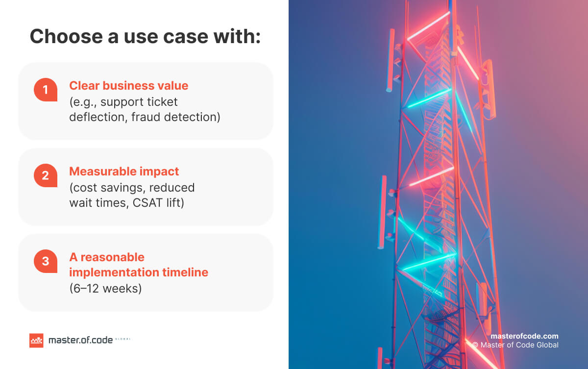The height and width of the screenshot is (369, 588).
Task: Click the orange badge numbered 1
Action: tap(46, 90)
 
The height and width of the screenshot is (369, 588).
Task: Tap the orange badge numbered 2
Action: tap(46, 175)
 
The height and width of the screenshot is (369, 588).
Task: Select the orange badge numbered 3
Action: tap(46, 261)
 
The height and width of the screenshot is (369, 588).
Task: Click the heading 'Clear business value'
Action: tap(128, 86)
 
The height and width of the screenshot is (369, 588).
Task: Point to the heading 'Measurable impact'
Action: tap(124, 172)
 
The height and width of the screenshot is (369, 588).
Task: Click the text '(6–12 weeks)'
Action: tap(105, 289)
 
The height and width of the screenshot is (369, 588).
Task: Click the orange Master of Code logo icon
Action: tap(36, 340)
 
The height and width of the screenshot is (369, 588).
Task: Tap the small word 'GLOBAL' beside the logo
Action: tap(122, 339)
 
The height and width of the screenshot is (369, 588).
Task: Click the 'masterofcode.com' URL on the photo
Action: tap(524, 336)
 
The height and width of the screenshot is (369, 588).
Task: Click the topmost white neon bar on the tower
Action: tap(428, 26)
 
